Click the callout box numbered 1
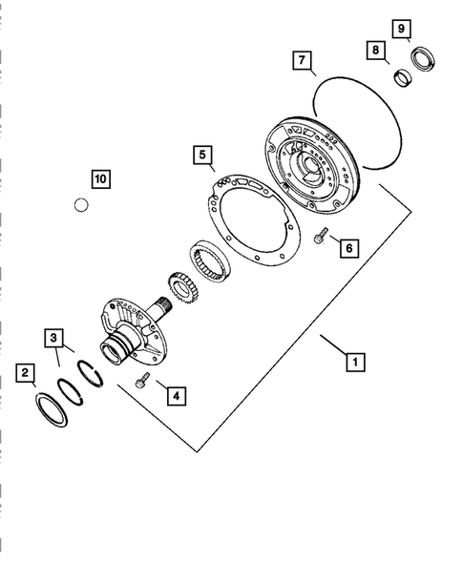(354, 362)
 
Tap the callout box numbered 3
(55, 337)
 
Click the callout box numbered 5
(201, 153)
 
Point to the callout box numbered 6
(349, 247)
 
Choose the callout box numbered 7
(301, 62)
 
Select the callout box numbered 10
(100, 178)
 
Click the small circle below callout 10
(83, 203)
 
